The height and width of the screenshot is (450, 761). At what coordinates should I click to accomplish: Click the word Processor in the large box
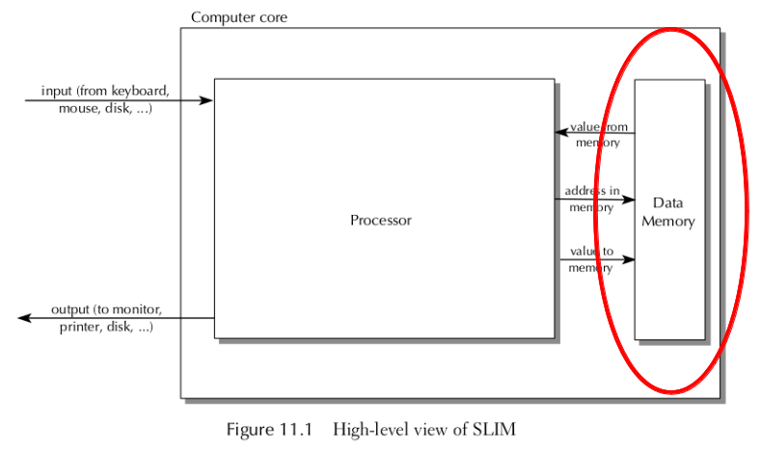tap(380, 221)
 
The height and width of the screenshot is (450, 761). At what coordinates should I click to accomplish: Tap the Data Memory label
tap(667, 212)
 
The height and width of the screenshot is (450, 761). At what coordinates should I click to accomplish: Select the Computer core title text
tap(238, 17)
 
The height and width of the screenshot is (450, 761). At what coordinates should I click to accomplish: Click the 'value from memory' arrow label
tap(598, 135)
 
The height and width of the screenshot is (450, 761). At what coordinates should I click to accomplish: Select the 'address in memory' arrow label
tap(592, 199)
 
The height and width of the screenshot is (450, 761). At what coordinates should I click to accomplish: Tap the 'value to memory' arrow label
tap(591, 259)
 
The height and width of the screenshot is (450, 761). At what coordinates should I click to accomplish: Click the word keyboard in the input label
tap(141, 92)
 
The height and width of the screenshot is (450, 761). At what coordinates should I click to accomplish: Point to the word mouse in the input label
tap(77, 108)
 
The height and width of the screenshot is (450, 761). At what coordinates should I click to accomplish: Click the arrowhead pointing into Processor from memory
tap(560, 133)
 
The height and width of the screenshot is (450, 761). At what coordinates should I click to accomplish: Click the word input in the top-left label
tap(56, 92)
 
